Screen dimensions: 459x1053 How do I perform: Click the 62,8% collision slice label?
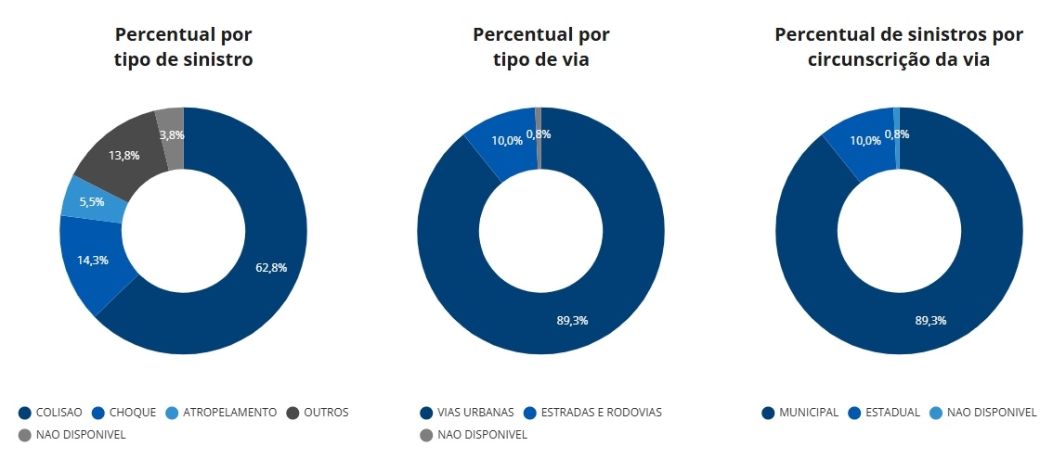[x=271, y=268]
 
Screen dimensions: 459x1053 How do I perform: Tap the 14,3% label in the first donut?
[x=92, y=260]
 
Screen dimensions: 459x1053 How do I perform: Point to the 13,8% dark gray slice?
[x=124, y=155]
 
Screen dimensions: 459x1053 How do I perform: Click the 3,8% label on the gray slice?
[x=172, y=134]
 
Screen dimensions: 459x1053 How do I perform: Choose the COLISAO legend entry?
[x=52, y=412]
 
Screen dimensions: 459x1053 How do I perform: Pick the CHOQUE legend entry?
[x=124, y=412]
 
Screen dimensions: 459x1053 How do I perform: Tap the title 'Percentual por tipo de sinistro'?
[x=183, y=47]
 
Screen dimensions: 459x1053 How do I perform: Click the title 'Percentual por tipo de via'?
[x=540, y=47]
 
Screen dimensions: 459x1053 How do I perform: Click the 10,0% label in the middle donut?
[x=506, y=140]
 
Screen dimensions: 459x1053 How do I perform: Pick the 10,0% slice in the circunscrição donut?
[x=864, y=140]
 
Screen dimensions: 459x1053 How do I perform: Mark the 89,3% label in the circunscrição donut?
[x=930, y=320]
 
